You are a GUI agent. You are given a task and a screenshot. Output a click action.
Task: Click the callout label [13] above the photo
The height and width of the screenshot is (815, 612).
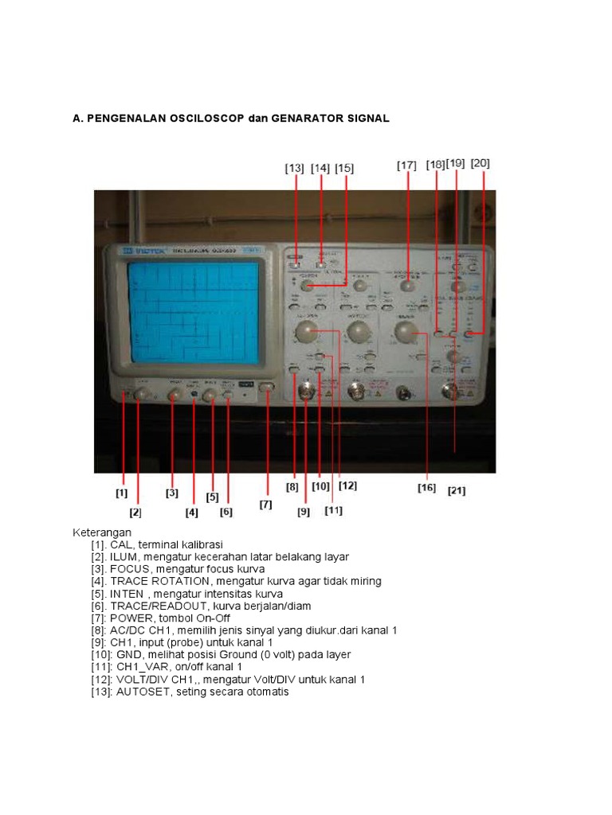pyautogui.click(x=295, y=168)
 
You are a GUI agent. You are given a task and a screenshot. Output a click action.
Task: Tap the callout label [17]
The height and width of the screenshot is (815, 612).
pyautogui.click(x=406, y=166)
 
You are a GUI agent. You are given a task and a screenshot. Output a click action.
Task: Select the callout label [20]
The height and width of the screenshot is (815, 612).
pyautogui.click(x=481, y=163)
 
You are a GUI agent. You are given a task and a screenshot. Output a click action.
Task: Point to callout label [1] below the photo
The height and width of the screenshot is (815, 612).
pyautogui.click(x=121, y=493)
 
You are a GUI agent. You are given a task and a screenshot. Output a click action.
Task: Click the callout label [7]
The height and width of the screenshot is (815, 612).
pyautogui.click(x=265, y=505)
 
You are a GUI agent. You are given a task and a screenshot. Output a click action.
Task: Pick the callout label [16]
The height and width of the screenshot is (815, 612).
pyautogui.click(x=427, y=488)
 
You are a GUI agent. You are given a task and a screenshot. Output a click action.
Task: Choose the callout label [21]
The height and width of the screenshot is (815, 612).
pyautogui.click(x=457, y=491)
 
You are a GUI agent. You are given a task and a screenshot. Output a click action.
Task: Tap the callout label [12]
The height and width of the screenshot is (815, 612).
pyautogui.click(x=347, y=485)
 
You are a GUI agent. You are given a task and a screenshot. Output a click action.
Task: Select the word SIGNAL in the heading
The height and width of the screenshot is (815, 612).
pyautogui.click(x=367, y=119)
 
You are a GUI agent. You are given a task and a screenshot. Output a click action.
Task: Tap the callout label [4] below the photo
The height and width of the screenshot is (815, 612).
pyautogui.click(x=191, y=513)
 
